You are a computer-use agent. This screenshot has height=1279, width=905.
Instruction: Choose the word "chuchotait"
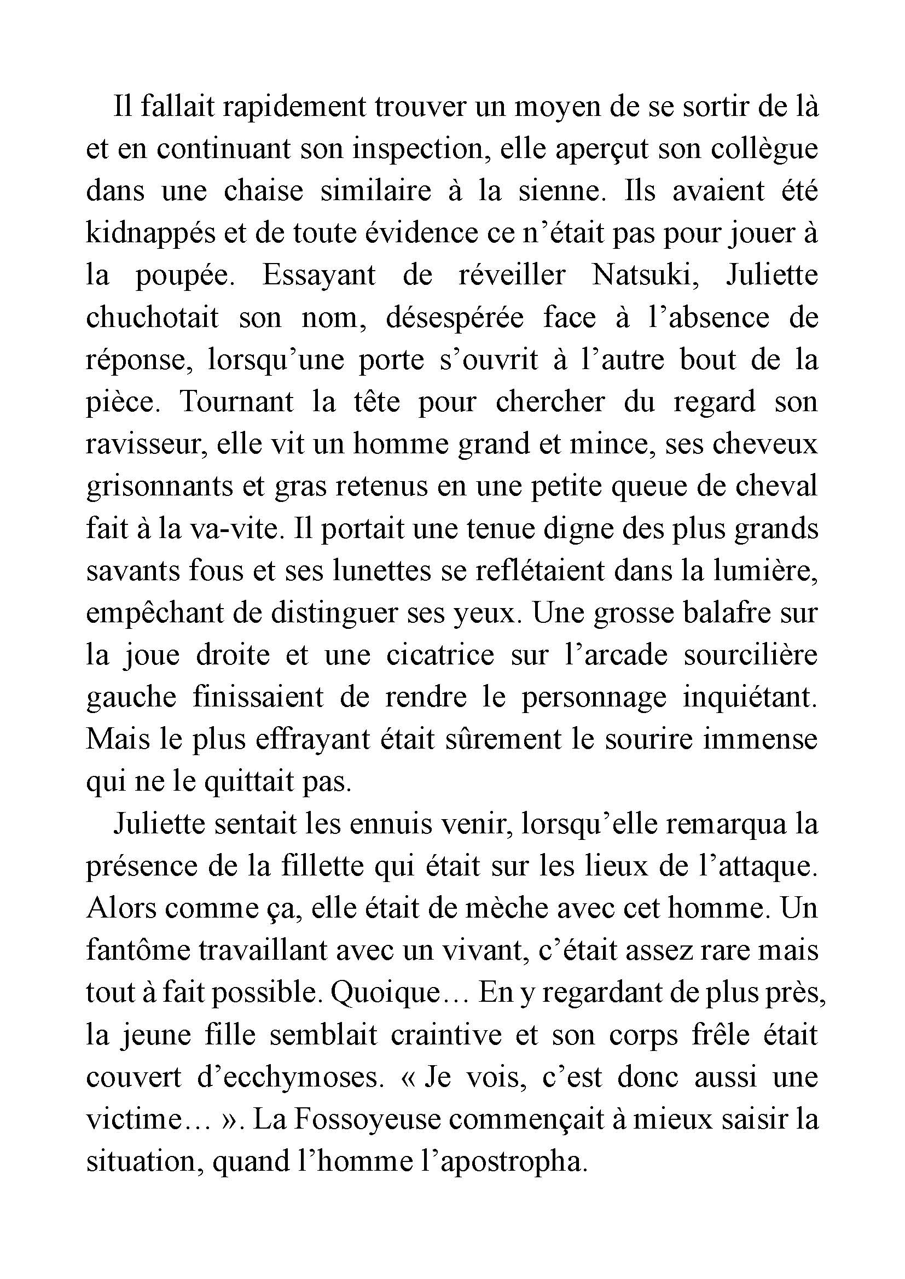click(152, 318)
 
